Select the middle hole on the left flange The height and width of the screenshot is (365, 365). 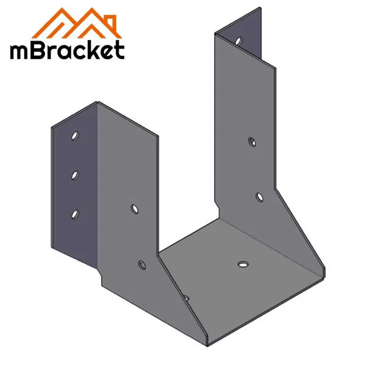pos(74,175)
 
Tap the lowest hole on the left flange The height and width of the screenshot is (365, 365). pos(75,213)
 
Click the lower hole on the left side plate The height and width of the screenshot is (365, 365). pos(142,264)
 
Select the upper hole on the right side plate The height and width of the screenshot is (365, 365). pos(251,141)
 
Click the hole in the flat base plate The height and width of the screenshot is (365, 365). pos(243,263)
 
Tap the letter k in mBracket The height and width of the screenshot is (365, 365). pos(92,48)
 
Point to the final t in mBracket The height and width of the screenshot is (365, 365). pos(119,49)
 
